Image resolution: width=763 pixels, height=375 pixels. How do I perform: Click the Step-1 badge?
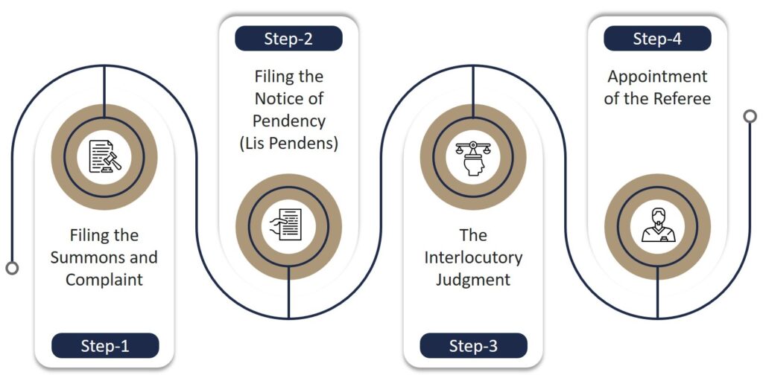click(105, 345)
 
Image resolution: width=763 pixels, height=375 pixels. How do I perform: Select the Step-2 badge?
click(288, 39)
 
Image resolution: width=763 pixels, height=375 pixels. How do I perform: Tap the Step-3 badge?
click(473, 345)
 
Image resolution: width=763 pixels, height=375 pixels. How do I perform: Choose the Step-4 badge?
click(657, 39)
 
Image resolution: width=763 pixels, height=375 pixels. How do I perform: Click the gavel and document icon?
click(104, 157)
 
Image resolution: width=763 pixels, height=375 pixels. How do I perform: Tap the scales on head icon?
click(473, 157)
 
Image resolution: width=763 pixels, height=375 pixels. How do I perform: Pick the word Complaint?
click(104, 280)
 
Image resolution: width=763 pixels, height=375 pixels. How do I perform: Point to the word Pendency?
click(289, 121)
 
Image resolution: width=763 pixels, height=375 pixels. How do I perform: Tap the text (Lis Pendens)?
click(289, 143)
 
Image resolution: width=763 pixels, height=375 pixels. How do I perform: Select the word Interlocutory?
click(473, 257)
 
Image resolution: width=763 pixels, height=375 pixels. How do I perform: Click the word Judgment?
click(473, 280)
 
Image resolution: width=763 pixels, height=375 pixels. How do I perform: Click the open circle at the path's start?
click(12, 268)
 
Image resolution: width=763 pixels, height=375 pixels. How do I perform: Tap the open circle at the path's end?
click(750, 116)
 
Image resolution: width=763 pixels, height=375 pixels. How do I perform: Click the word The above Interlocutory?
click(473, 235)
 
